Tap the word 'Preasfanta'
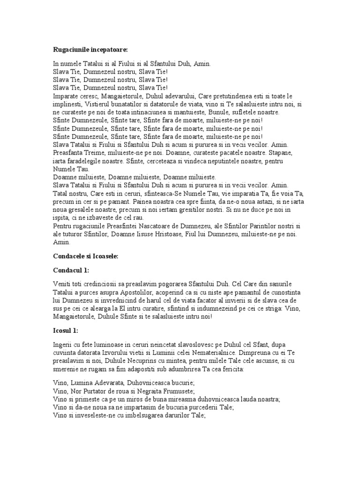pyautogui.click(x=69, y=153)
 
